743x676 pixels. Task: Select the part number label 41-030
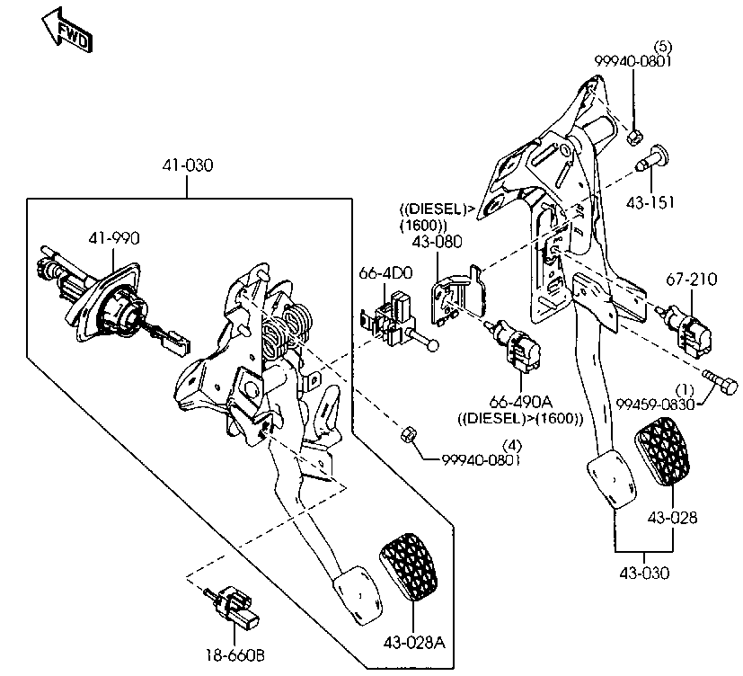(187, 165)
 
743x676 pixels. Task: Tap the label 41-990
(114, 238)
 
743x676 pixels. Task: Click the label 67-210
(692, 280)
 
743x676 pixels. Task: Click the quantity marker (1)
(685, 390)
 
